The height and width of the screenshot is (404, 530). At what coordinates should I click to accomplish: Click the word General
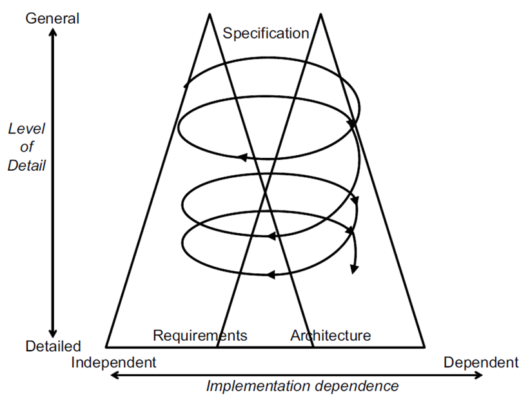coord(52,18)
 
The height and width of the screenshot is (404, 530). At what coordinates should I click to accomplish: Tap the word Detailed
coord(53,346)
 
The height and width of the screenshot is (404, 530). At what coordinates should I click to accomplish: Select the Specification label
coord(266,33)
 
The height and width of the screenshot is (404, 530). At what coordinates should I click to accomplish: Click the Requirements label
coord(200,335)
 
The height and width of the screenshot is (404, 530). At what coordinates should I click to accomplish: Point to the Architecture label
coord(330,335)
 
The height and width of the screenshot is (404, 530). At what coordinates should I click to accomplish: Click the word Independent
coord(113,362)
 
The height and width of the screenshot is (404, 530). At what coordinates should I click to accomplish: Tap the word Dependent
coord(480,362)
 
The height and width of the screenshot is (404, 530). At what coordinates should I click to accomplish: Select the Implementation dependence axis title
coord(302,387)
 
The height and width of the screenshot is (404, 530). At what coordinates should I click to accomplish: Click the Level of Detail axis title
coord(26,147)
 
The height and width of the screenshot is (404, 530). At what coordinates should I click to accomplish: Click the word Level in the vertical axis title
coord(26,128)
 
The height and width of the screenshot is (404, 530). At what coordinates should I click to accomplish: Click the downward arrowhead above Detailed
coord(53,331)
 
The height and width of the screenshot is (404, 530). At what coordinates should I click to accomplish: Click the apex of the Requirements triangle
coord(209,14)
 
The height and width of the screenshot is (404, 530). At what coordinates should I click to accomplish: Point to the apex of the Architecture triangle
coord(320,14)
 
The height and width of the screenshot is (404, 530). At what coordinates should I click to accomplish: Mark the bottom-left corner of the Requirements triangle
coord(106,347)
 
